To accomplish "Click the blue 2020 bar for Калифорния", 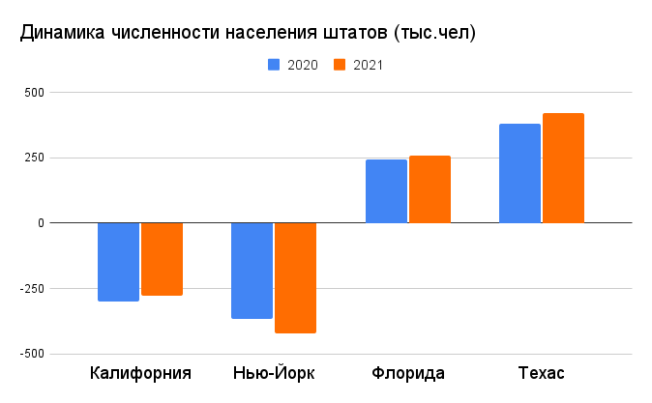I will (x=118, y=262).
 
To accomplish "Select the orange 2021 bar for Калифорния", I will (x=162, y=259).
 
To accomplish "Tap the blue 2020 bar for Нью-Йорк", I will (x=252, y=271).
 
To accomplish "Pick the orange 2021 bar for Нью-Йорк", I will (x=295, y=277).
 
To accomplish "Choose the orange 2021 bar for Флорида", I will (x=430, y=189).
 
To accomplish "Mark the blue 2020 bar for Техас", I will (x=519, y=174).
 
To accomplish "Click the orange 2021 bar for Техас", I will (x=563, y=168).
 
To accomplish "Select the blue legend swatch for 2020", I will (x=274, y=65).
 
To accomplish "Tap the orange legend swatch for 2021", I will (x=340, y=65).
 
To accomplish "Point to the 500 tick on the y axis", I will (x=35, y=93).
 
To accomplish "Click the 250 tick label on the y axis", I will (x=35, y=158).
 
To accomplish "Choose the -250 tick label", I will (x=32, y=289).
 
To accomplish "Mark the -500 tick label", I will (x=32, y=354).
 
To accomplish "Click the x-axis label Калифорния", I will (x=140, y=373).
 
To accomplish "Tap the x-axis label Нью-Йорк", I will (x=274, y=373).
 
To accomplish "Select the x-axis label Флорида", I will (x=407, y=373).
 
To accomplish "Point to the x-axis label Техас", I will (x=541, y=373).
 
